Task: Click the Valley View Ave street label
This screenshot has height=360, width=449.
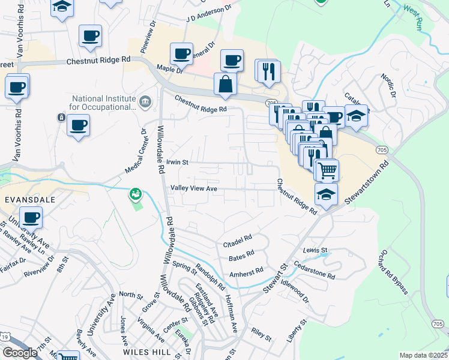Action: [193, 188]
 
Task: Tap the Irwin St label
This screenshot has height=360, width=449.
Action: [178, 162]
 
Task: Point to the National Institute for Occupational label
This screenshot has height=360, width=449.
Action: [104, 103]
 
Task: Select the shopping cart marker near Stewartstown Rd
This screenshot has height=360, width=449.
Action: [327, 170]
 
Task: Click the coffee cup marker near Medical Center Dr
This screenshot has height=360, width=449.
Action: [78, 126]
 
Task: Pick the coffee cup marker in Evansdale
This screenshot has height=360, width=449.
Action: [31, 217]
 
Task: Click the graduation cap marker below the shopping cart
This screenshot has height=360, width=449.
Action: [326, 194]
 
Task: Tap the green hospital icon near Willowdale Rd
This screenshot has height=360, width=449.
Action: [136, 194]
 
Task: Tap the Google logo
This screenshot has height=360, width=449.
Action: [20, 353]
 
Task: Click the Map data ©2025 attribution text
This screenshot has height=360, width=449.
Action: [424, 355]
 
